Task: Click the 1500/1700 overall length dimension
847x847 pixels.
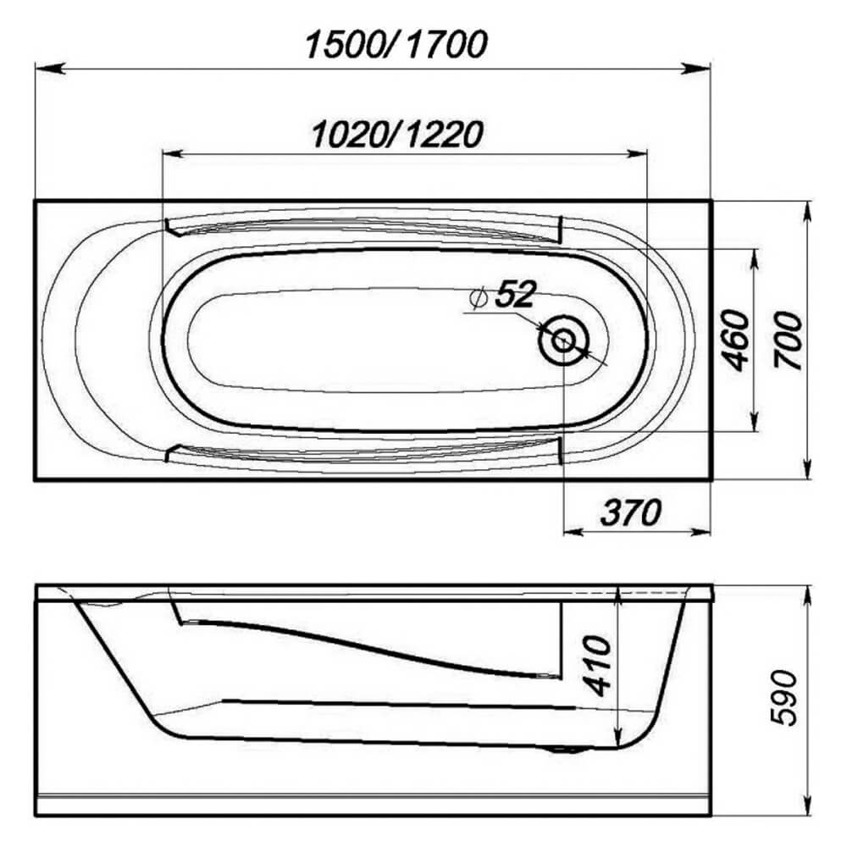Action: coord(396,45)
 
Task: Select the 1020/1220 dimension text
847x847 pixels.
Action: coord(397,135)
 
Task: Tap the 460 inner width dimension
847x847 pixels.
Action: coord(736,340)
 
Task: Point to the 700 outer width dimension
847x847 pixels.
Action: coord(788,340)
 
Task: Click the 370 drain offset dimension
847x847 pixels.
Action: coord(630,512)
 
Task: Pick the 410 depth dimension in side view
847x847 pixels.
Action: coord(599,666)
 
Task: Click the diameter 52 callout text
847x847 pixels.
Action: coord(503,295)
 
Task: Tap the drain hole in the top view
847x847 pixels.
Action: coord(563,340)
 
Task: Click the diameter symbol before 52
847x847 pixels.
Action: coord(479,297)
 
